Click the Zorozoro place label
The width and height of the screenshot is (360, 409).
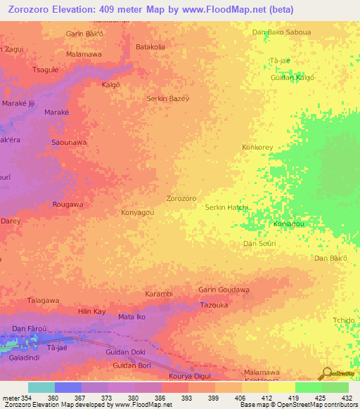(181, 199)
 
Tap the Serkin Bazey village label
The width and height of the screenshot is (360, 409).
(167, 98)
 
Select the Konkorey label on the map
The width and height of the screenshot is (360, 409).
(257, 148)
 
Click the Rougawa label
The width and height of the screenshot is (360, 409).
(67, 204)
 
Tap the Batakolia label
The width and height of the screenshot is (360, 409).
(150, 47)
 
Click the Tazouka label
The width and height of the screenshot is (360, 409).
(214, 306)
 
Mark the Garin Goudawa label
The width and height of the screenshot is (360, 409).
(224, 290)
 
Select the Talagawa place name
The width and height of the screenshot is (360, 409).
(41, 300)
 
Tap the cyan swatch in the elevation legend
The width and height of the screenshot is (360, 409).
(41, 387)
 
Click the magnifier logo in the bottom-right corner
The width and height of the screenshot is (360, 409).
(325, 373)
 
